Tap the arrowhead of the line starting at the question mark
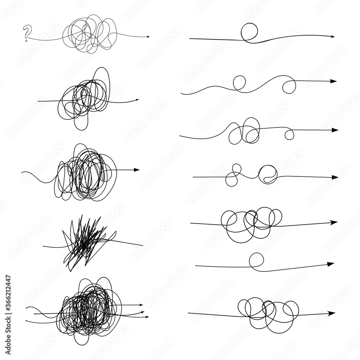coord(147,37)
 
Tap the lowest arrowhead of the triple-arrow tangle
coord(147,317)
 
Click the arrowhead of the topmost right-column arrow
coord(333,37)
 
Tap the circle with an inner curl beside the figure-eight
coord(268,174)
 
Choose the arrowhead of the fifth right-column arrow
coord(334,222)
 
